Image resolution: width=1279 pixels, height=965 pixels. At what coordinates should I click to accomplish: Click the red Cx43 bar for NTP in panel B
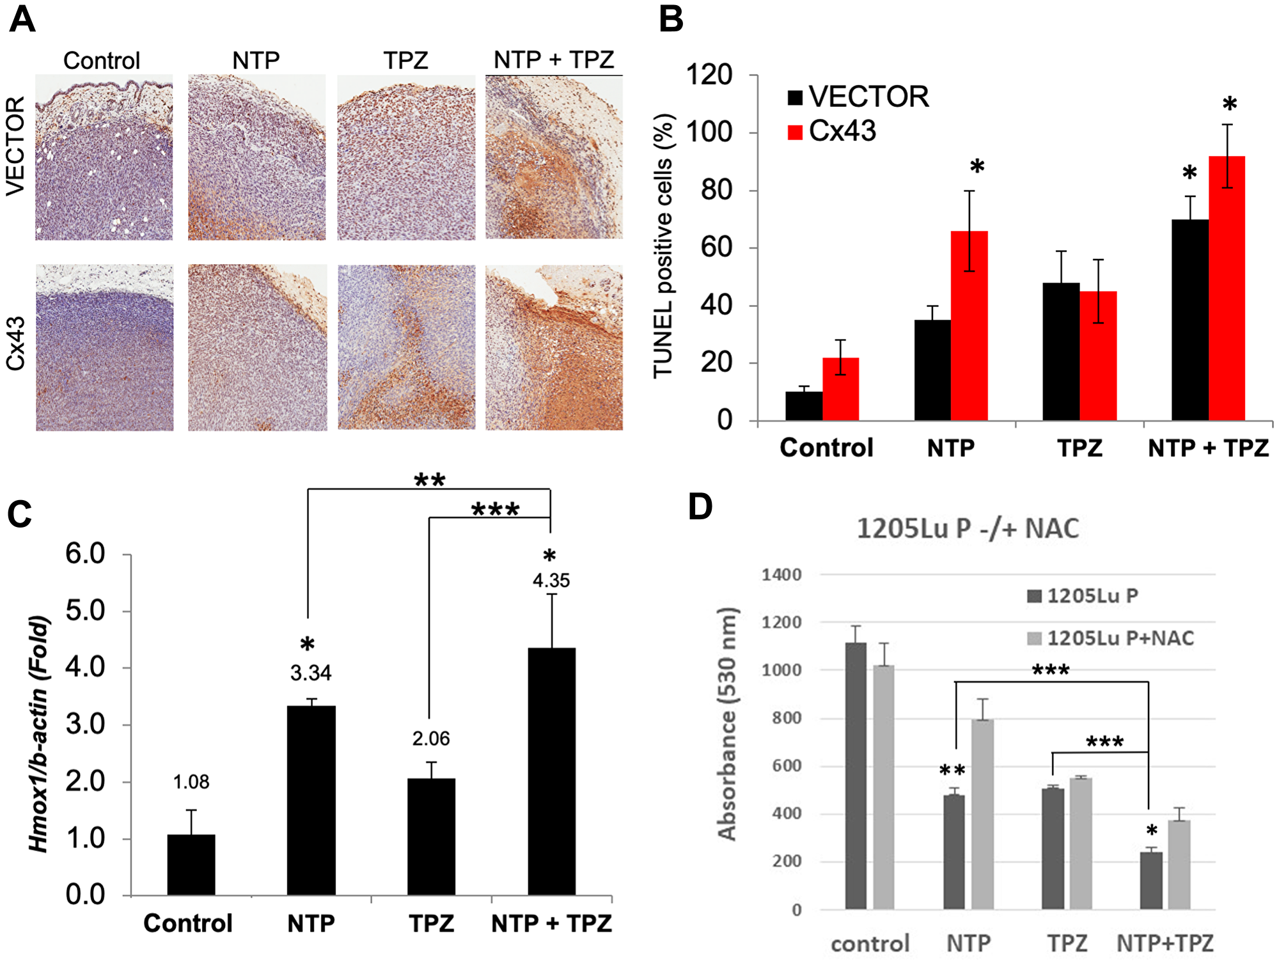point(969,326)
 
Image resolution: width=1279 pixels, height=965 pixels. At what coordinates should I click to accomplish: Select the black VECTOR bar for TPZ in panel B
point(1061,352)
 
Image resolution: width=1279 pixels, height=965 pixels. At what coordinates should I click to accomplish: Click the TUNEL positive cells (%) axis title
point(663,246)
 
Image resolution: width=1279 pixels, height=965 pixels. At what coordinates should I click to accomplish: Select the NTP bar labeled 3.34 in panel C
point(311,799)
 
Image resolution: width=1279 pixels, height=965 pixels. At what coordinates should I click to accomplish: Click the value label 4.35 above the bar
point(551,581)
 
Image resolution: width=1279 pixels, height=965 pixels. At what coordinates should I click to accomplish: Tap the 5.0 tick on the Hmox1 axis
point(85,611)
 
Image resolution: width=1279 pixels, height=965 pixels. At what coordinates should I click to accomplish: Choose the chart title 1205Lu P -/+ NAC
point(968,529)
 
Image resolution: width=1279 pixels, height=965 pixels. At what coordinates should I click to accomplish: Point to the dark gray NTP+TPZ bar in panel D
point(1151,881)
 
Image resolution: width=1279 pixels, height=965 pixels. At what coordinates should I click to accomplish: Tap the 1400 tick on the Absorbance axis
point(781,575)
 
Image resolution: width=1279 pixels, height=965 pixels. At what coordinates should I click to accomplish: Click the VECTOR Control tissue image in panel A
point(104,157)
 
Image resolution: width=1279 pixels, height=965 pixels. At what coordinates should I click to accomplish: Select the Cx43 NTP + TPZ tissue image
point(554,348)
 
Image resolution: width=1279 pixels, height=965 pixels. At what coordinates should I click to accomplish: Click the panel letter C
point(19,514)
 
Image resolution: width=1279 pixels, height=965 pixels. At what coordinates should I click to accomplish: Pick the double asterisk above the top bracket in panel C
point(429,480)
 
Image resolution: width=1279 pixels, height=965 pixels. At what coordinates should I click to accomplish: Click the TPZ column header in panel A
point(405,61)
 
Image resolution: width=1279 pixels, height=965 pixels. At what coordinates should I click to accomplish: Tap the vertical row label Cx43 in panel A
point(15,343)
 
